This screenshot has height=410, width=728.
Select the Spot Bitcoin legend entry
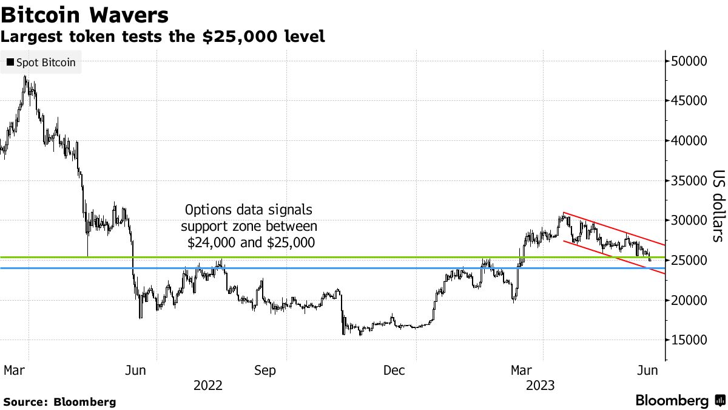pyautogui.click(x=41, y=63)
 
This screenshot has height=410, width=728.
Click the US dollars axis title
pyautogui.click(x=717, y=205)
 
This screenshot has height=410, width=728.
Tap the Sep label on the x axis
pyautogui.click(x=265, y=370)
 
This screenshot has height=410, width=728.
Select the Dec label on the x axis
pyautogui.click(x=394, y=370)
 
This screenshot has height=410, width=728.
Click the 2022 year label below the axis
pyautogui.click(x=207, y=385)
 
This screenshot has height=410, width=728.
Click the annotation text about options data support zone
pyautogui.click(x=250, y=227)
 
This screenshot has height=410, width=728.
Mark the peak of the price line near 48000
pyautogui.click(x=25, y=77)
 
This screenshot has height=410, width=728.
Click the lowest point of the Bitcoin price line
pyautogui.click(x=360, y=335)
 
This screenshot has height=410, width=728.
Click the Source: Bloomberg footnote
pyautogui.click(x=59, y=401)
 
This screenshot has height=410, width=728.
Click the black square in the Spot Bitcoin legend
pyautogui.click(x=10, y=63)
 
